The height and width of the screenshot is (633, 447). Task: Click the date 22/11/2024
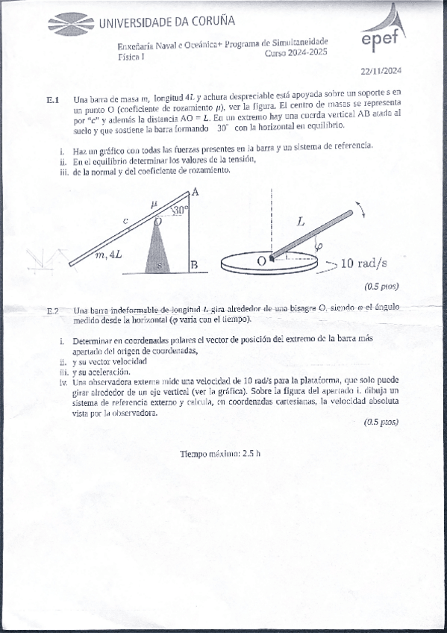click(x=381, y=72)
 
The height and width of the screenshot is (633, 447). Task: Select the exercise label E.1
click(x=52, y=100)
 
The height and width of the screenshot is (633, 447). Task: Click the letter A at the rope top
click(x=195, y=192)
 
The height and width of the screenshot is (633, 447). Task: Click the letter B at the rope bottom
click(x=193, y=265)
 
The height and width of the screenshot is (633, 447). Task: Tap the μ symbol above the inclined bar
click(x=154, y=203)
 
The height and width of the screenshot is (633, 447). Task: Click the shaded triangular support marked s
click(x=158, y=250)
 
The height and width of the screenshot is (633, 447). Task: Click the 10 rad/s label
click(x=363, y=263)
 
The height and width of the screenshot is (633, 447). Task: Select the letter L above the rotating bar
click(x=301, y=222)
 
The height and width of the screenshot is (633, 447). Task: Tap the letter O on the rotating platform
click(x=261, y=261)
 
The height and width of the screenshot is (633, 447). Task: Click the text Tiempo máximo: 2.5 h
click(x=221, y=454)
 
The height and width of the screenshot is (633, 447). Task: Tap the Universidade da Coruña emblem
click(x=70, y=23)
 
